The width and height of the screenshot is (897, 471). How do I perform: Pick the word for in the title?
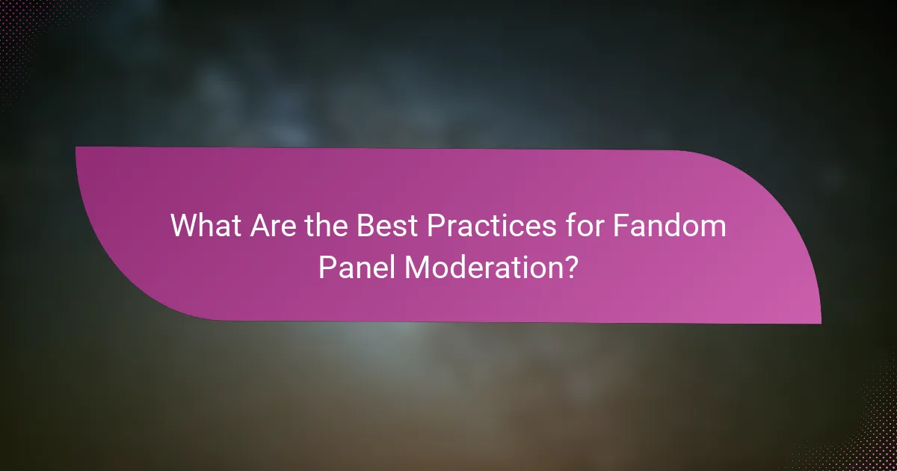tap(574, 226)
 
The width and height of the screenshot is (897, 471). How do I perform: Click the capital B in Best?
tap(361, 226)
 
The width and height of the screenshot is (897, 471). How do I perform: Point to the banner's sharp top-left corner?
tap(76, 148)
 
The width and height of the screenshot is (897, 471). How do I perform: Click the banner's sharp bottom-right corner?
tap(820, 323)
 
